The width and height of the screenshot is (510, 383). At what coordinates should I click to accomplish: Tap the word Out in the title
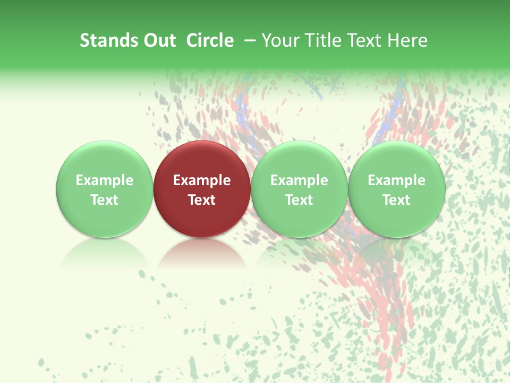point(158,40)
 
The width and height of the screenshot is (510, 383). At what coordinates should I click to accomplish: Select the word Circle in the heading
point(210,40)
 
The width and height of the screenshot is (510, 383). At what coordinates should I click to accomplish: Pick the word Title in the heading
point(320,40)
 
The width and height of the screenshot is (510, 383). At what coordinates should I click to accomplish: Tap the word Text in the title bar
point(363,40)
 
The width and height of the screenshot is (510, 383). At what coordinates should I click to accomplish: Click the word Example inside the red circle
point(202,180)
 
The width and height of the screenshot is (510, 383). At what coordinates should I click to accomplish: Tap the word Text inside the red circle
point(202,200)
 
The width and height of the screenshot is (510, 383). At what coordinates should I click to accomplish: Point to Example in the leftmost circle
point(105,180)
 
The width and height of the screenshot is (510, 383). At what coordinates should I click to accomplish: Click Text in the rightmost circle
point(396,200)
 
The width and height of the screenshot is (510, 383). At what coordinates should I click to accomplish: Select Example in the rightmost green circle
point(396,180)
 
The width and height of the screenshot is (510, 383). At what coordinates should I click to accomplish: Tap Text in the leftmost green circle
point(105,200)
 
